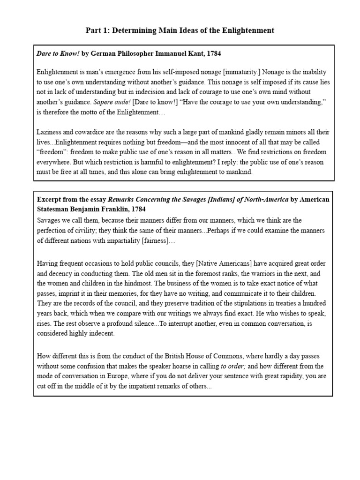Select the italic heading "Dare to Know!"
pyautogui.click(x=58, y=54)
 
